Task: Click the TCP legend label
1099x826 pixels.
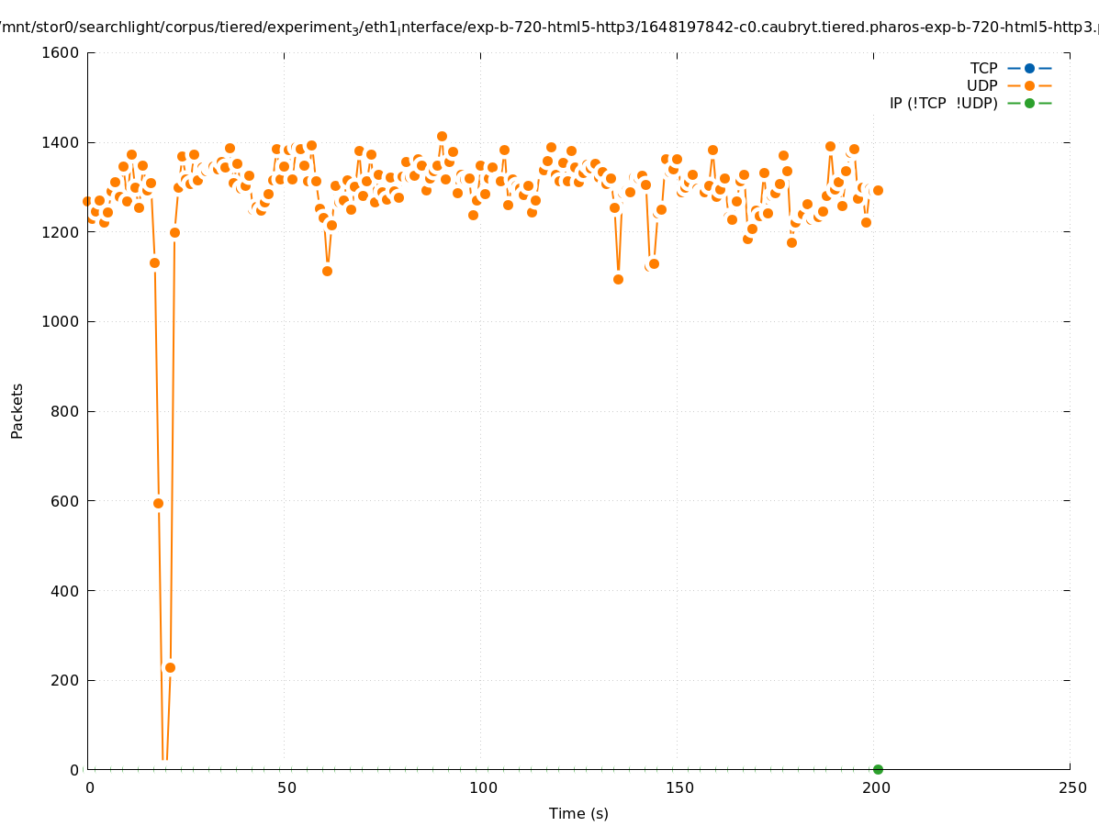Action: click(983, 68)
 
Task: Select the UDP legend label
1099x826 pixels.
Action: click(981, 85)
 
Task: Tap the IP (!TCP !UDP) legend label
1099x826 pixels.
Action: click(943, 103)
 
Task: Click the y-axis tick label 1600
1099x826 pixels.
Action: click(61, 52)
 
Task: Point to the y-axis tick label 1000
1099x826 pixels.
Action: click(61, 322)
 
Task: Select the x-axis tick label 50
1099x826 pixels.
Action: click(286, 788)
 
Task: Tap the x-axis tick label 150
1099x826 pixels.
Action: click(679, 788)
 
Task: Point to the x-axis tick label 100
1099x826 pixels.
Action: click(483, 788)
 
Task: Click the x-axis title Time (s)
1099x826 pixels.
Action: click(578, 814)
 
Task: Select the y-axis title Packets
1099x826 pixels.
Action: click(17, 411)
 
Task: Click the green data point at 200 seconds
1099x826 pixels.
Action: click(878, 769)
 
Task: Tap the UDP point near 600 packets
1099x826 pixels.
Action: click(158, 503)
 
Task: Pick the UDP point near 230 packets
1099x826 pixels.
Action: click(170, 667)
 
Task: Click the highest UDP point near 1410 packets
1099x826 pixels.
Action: click(442, 137)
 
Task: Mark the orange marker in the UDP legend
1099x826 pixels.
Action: click(1029, 85)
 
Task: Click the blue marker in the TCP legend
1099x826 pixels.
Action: click(1029, 68)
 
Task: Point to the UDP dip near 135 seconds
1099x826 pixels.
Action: click(618, 279)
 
